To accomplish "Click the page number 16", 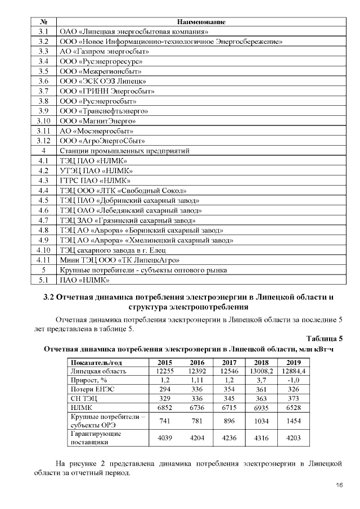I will tap(339, 485).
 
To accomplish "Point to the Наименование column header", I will tap(201, 21).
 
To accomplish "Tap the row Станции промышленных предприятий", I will tap(124, 151).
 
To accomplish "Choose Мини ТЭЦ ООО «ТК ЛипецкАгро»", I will tap(120, 260).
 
